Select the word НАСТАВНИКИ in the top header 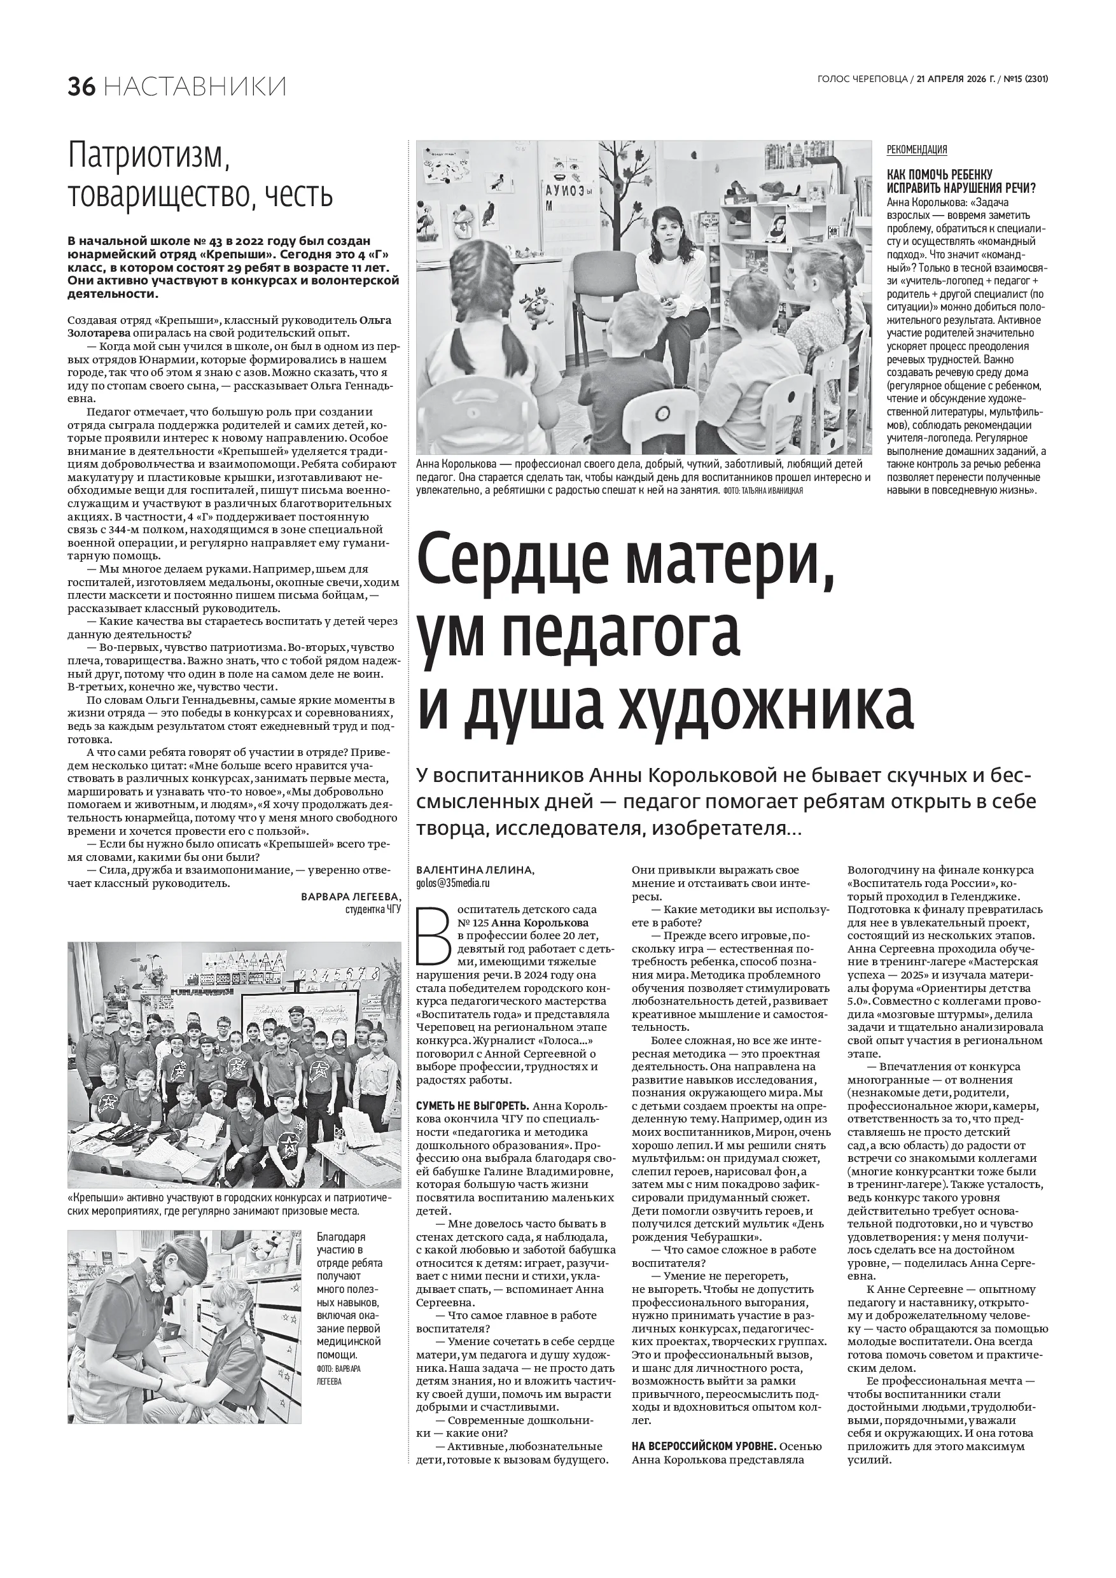[x=197, y=87]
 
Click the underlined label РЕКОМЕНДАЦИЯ [x=917, y=150]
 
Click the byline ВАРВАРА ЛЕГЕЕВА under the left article [x=351, y=898]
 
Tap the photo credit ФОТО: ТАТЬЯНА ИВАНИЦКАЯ [x=763, y=491]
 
